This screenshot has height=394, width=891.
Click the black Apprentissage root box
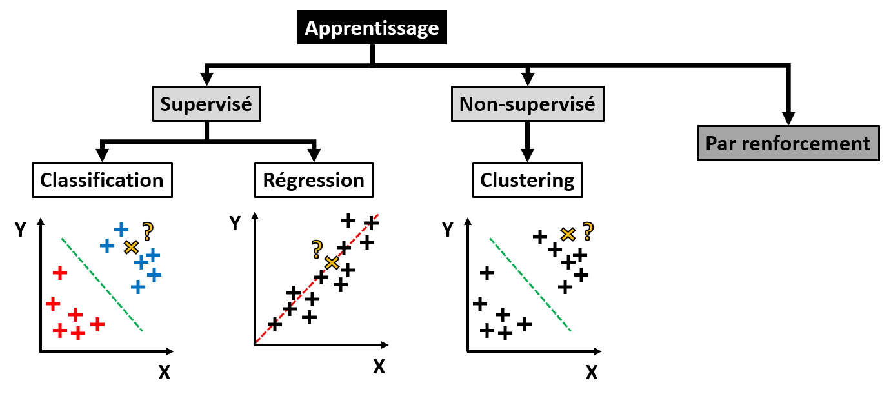tap(372, 28)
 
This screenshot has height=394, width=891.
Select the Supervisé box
tap(206, 104)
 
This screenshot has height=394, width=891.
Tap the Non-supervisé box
tap(527, 104)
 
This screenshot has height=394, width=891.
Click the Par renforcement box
tap(788, 143)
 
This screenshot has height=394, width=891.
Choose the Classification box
tap(102, 180)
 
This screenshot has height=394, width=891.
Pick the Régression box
tap(314, 180)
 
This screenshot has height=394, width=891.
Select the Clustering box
tap(527, 180)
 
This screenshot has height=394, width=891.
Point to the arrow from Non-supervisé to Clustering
tap(527, 142)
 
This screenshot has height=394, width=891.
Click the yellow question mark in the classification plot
tap(148, 230)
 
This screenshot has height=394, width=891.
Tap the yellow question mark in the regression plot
tap(317, 247)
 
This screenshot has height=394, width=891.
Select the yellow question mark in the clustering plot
tap(588, 230)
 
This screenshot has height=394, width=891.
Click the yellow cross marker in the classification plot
tap(131, 246)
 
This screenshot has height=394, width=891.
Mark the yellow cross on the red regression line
tap(332, 262)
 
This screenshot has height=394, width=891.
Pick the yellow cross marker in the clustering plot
tap(568, 234)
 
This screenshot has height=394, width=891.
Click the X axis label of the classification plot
tap(164, 372)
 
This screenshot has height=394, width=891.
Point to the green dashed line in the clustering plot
tap(530, 284)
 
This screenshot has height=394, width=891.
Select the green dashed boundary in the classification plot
tap(101, 284)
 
